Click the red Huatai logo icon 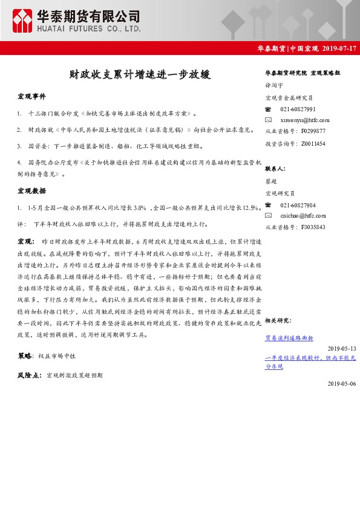pos(23,21)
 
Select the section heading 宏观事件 pos(31,97)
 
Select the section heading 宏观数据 pos(31,191)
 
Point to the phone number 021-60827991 pos(298,109)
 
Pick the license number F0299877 pos(313,131)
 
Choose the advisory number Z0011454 pos(313,143)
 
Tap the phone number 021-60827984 pos(298,206)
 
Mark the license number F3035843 pos(313,227)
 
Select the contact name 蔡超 pos(271,181)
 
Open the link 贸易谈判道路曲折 pos(289,339)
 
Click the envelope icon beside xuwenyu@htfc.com pos(269,120)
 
